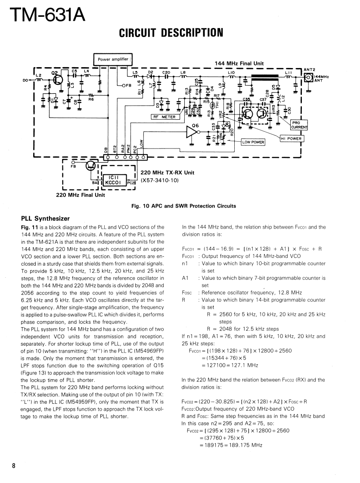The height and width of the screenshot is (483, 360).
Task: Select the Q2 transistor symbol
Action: pos(59,80)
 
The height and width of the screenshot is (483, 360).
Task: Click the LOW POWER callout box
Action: pos(253,142)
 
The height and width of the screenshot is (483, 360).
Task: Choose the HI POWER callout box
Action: pos(291,139)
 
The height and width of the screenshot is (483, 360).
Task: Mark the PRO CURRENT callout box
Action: pos(299,125)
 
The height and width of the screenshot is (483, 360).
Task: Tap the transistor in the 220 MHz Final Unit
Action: pos(91,165)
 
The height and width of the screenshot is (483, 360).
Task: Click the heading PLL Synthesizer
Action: pos(45,218)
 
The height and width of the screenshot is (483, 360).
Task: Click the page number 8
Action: pos(14,466)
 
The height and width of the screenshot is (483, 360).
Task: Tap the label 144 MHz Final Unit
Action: pos(239,63)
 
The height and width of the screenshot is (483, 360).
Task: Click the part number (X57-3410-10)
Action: pos(159,180)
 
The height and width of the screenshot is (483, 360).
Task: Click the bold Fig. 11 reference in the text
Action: pos(29,227)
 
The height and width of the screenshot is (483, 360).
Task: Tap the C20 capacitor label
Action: pos(167,72)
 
